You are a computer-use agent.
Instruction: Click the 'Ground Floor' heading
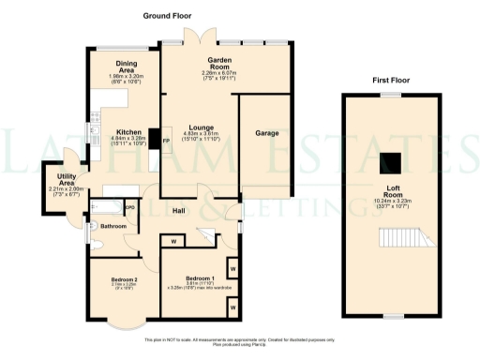click(x=166, y=17)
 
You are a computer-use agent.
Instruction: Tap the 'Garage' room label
click(x=267, y=134)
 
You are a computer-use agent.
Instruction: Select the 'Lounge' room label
click(x=200, y=127)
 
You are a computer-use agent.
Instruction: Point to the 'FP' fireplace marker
click(x=166, y=141)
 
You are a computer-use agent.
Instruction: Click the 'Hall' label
click(x=178, y=210)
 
